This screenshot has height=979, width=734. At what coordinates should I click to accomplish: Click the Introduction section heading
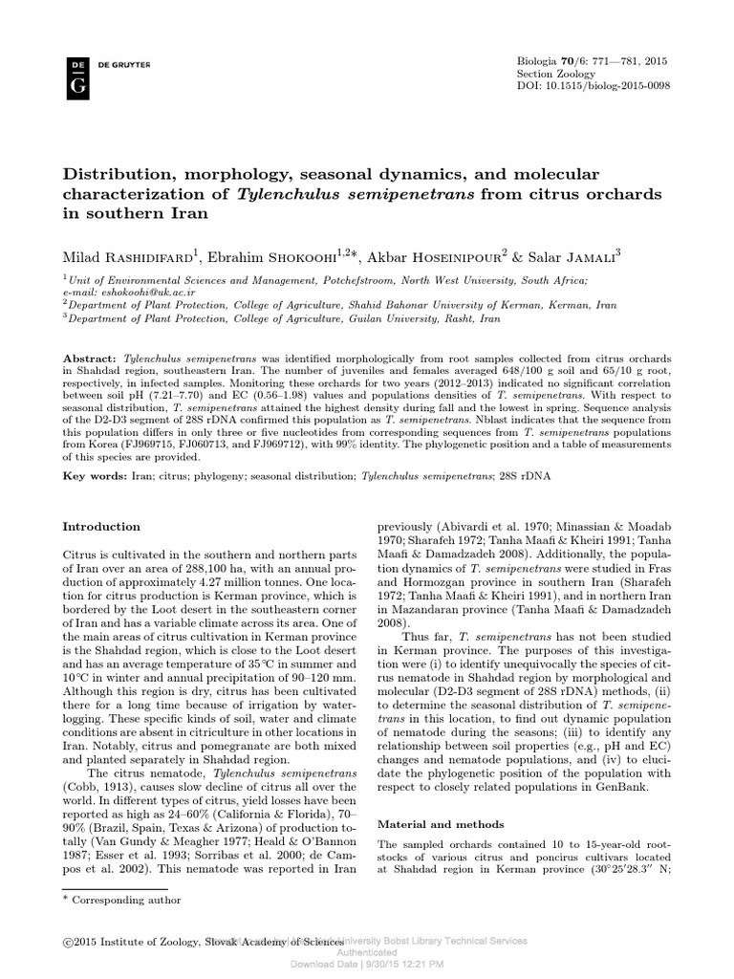coord(101,527)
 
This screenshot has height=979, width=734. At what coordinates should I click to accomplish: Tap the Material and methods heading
coord(433,823)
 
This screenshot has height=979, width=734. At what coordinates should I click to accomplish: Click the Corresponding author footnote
coord(126,900)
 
